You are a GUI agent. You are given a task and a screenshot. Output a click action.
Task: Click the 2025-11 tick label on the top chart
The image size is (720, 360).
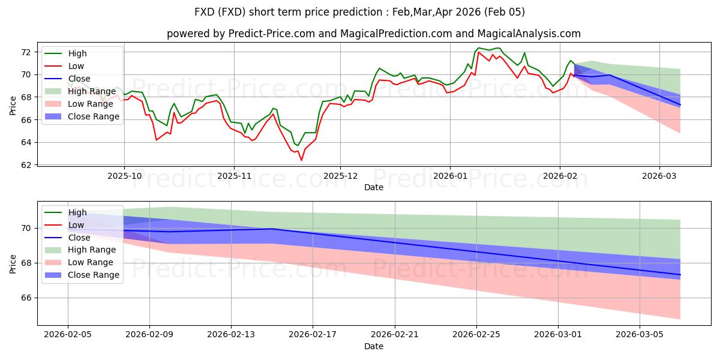233,176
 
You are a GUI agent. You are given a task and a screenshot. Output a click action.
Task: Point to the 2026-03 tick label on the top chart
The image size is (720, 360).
659,176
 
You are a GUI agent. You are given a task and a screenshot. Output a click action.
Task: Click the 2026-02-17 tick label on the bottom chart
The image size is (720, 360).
313,335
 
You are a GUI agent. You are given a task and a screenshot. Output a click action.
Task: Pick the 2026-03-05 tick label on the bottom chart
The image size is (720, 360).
640,335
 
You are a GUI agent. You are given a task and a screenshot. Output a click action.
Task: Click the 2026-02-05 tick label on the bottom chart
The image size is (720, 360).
67,335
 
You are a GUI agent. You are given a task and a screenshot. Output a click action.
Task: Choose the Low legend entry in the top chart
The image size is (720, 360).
76,66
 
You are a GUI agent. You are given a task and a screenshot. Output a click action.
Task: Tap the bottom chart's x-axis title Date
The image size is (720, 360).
374,346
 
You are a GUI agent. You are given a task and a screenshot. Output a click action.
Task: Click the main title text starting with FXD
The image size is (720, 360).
359,12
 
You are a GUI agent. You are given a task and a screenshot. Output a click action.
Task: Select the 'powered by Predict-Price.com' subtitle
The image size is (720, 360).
373,34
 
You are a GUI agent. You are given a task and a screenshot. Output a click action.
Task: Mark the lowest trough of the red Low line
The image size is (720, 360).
301,160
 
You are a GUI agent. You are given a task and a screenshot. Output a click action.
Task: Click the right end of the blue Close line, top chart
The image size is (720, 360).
680,105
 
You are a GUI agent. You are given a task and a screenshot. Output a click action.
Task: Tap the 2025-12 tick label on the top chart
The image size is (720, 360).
340,176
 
